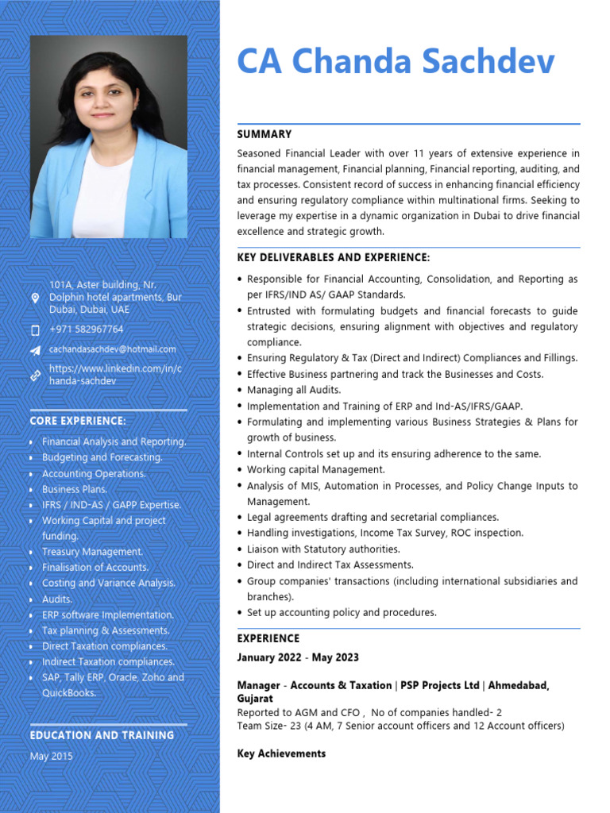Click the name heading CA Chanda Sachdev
(396, 62)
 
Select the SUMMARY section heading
(264, 134)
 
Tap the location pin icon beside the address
(35, 297)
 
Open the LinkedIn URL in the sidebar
(104, 375)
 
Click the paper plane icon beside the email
(35, 349)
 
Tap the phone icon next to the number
(35, 329)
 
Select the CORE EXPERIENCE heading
(78, 420)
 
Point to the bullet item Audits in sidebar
(56, 599)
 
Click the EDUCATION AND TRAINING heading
(102, 735)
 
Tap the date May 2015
(51, 756)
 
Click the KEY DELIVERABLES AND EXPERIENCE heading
(333, 257)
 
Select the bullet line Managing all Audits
(293, 390)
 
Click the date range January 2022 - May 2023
(298, 657)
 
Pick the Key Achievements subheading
(281, 753)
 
